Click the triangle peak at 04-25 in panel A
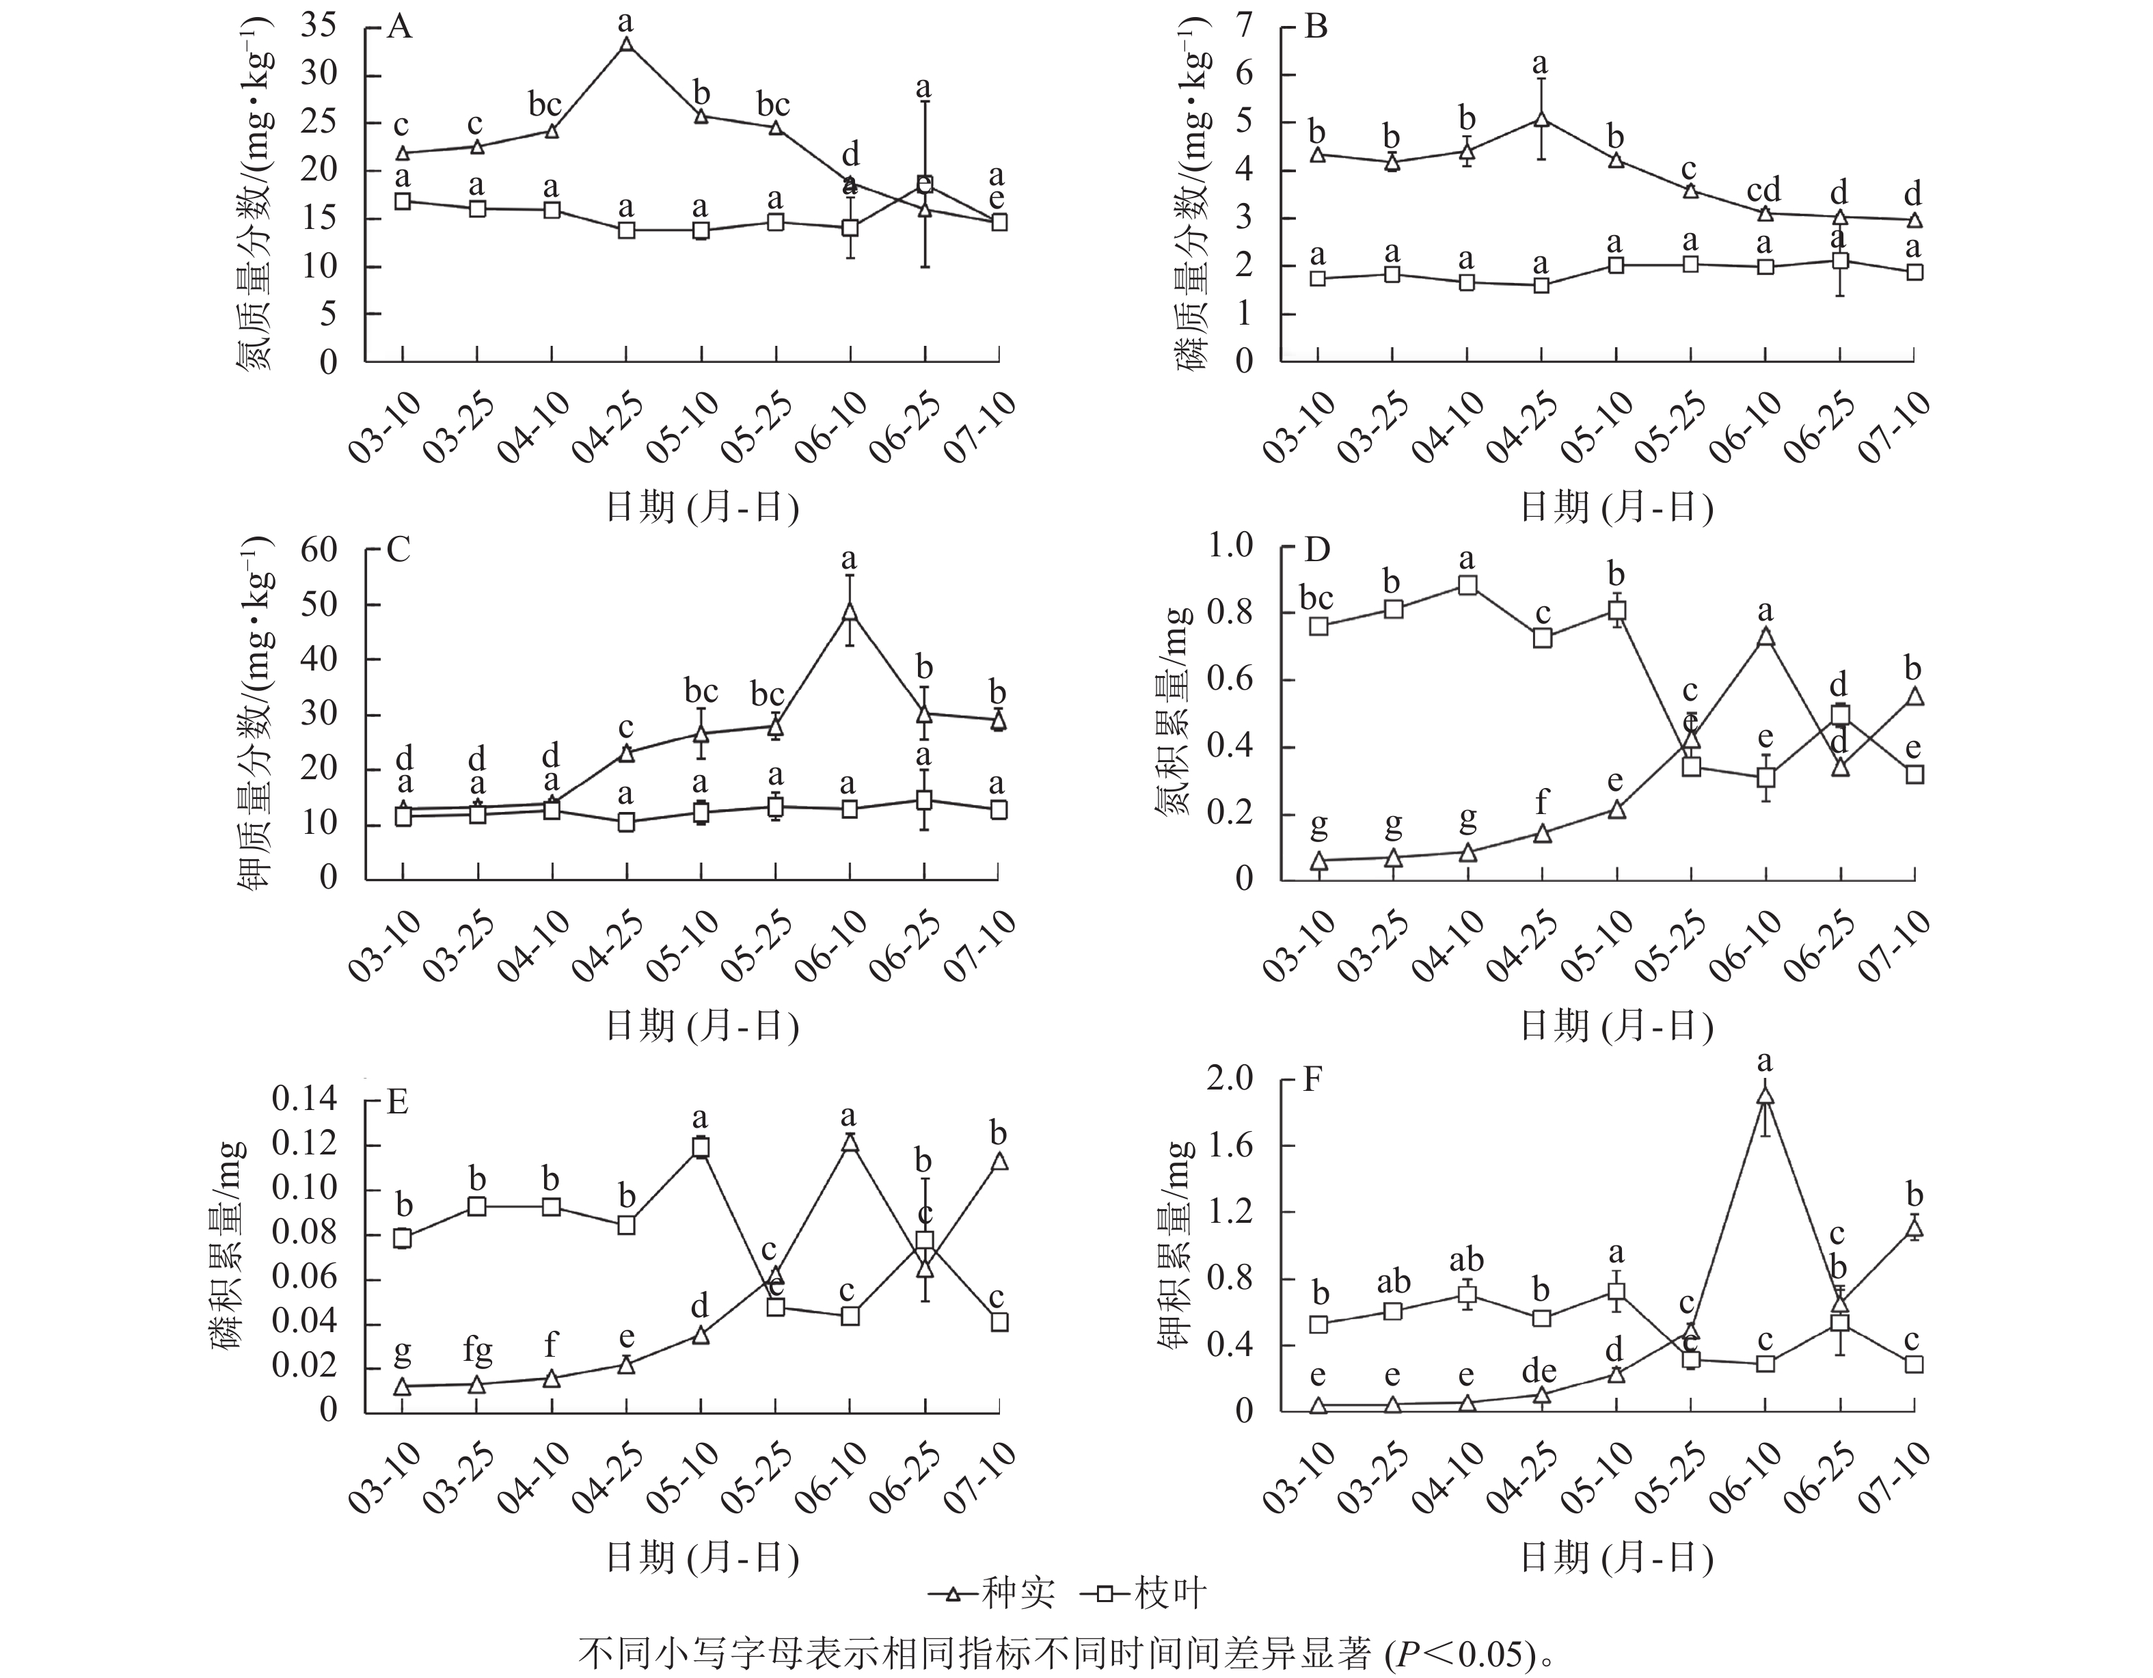coord(626,44)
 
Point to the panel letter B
coord(1315,27)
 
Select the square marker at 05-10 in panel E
coord(701,1148)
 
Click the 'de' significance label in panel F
coord(1539,1371)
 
